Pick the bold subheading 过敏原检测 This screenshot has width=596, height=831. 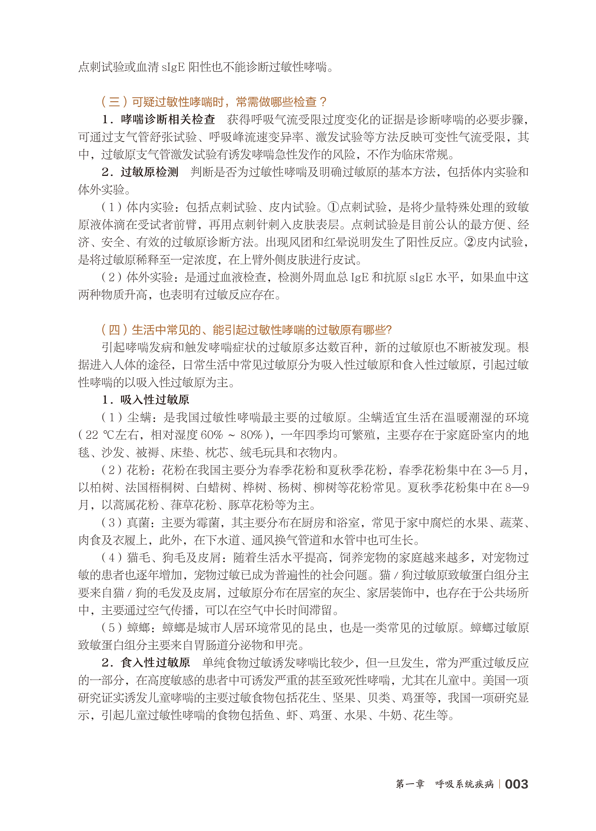[149, 172]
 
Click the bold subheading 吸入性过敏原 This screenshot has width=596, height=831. [155, 400]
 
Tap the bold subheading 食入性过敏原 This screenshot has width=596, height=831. [155, 663]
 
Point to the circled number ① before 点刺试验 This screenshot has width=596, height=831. [333, 207]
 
